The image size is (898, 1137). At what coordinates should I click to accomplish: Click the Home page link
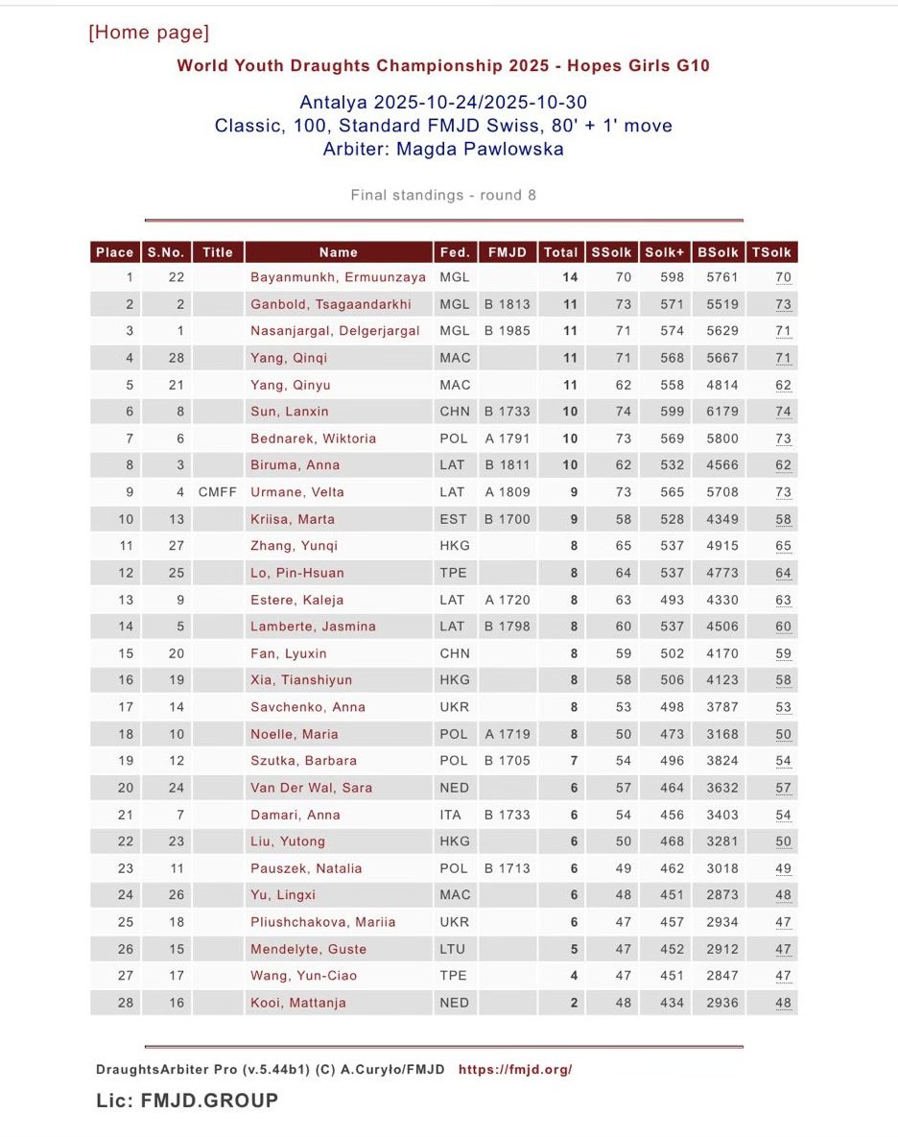click(x=149, y=33)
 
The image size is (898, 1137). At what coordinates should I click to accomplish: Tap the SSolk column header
click(x=611, y=252)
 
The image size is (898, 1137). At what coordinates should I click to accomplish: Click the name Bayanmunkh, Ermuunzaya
click(x=338, y=277)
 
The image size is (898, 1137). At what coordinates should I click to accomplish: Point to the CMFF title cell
click(x=218, y=492)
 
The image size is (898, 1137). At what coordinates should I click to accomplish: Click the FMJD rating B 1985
click(x=507, y=331)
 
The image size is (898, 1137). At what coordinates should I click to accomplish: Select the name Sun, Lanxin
click(x=290, y=412)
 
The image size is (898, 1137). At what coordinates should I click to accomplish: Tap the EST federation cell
click(x=454, y=519)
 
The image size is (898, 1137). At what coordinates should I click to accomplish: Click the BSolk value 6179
click(x=718, y=412)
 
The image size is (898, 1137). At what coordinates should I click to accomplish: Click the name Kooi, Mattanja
click(x=298, y=1003)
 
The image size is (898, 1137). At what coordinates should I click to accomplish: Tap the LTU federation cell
click(x=452, y=949)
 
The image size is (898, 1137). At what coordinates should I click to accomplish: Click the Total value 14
click(x=569, y=277)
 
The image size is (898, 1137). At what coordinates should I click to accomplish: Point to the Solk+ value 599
click(x=672, y=412)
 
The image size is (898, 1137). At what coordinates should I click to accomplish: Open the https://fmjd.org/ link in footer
click(x=515, y=1069)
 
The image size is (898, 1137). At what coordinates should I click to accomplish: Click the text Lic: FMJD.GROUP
click(x=187, y=1101)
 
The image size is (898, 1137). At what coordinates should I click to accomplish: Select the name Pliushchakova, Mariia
click(x=323, y=922)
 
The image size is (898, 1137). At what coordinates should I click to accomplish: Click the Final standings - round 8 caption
click(x=443, y=196)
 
